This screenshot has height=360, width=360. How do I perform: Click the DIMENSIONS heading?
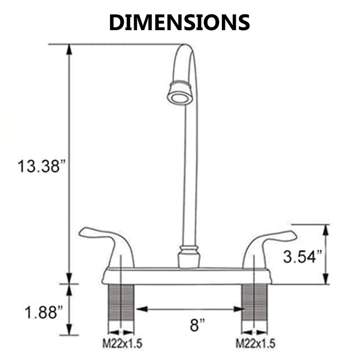click(x=180, y=22)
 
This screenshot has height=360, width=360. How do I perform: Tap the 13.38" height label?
click(x=41, y=166)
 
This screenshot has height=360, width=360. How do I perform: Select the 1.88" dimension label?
click(x=44, y=312)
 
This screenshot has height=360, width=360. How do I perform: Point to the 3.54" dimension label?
click(x=302, y=256)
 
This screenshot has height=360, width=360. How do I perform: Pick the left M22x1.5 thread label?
click(x=122, y=344)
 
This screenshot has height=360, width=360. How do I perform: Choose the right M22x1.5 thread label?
click(x=255, y=344)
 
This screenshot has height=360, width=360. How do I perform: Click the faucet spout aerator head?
click(x=180, y=93)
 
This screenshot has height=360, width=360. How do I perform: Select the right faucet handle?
click(x=269, y=248)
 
